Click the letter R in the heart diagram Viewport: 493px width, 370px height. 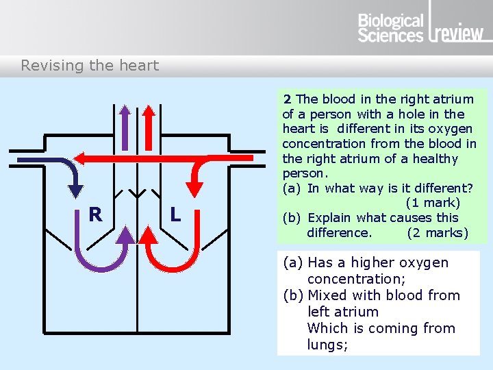click(95, 214)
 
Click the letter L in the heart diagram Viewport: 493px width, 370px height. click(175, 214)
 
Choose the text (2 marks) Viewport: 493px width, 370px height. click(438, 233)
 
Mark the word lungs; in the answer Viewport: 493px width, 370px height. click(328, 345)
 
